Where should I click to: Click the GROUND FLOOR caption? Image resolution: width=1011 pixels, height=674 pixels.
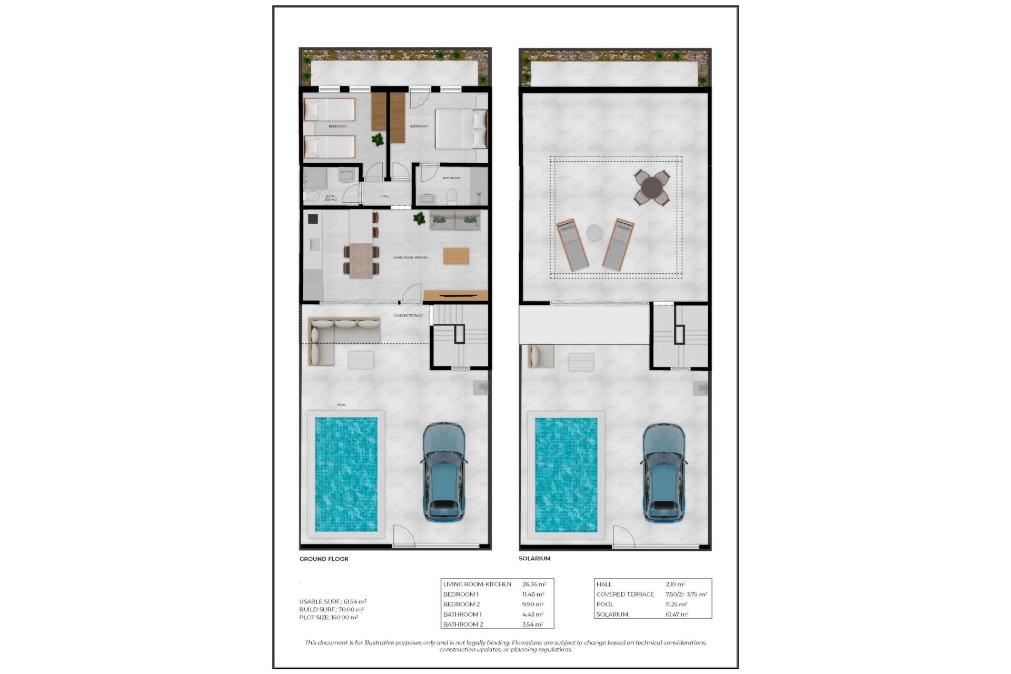point(324,559)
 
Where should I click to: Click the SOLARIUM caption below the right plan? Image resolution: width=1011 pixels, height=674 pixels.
point(534,558)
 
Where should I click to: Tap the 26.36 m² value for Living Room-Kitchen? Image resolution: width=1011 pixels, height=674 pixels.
point(534,584)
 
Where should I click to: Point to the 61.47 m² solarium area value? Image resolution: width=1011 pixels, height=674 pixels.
point(677,614)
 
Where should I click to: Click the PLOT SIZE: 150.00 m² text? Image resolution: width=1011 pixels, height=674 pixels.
point(329,617)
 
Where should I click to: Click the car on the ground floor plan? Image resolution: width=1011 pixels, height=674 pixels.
point(444,471)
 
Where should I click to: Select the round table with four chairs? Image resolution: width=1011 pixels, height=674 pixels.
point(652,187)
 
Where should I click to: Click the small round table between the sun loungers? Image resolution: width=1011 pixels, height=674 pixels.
point(594,232)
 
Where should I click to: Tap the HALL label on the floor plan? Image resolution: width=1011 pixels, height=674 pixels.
point(385,196)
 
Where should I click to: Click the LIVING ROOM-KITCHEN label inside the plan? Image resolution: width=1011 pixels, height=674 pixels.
point(410,257)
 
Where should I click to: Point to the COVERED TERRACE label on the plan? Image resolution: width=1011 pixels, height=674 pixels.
point(408,315)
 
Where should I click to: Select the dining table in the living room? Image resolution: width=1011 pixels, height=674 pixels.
point(361,260)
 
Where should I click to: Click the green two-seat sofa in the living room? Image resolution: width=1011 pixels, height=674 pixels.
point(455,221)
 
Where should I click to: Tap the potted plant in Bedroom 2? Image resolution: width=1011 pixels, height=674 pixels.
point(378,140)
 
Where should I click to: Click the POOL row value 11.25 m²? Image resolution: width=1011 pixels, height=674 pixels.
point(676,604)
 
